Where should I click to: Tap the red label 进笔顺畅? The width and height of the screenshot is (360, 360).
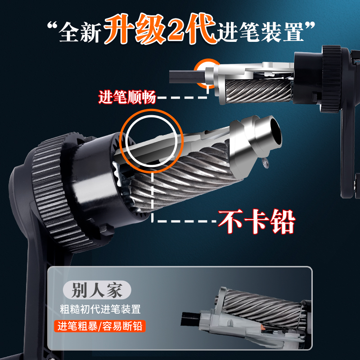pos(127,97)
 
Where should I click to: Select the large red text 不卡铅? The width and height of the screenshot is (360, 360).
pos(256,221)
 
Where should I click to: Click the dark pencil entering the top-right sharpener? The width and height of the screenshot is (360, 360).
pos(184,77)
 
